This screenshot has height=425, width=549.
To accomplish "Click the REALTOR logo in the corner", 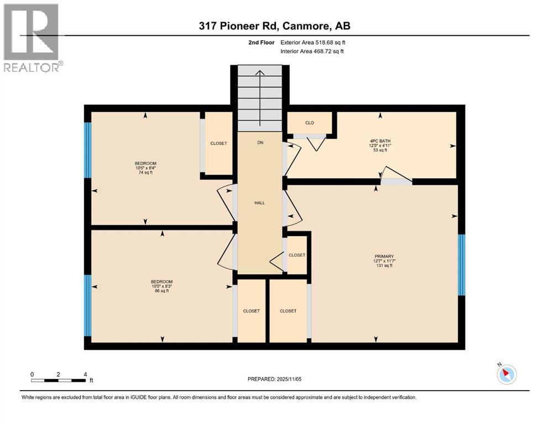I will coord(32,37).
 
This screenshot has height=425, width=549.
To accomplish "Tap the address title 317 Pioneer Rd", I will coord(274,25).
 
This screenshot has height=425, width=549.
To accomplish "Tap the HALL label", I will coord(259,203).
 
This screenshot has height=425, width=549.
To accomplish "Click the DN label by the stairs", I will coord(260,143).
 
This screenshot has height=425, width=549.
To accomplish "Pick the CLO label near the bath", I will coord(310,122).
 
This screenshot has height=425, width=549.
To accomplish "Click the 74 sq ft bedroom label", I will coord(145,167).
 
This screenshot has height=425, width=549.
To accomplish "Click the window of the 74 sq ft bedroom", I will coord(87,150).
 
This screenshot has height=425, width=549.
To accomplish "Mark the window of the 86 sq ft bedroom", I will coord(87,305).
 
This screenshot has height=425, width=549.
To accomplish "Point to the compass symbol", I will coord(505,374).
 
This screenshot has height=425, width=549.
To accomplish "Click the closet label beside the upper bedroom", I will coord(218,143).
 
